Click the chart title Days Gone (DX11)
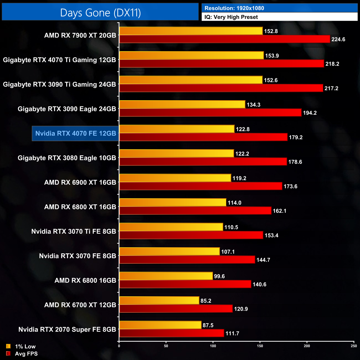coord(100,13)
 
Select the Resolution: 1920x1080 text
coord(234,8)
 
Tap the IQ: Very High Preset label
coord(231,17)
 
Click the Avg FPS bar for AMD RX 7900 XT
coord(225,39)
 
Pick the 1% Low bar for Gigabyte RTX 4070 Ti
coord(191,55)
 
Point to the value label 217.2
coord(331,88)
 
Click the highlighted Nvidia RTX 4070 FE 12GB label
coord(76,133)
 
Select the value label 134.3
coord(253,105)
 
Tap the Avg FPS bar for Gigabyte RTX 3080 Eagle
coord(203,162)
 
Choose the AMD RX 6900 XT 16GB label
coord(80,182)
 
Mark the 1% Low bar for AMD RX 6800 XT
coord(173,202)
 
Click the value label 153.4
coord(271,235)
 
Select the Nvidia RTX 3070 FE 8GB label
coord(77,256)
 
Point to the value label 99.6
coord(219,276)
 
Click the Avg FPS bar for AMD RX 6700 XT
coord(176,309)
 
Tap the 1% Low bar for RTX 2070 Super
coord(160,325)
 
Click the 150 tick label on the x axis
coord(260,346)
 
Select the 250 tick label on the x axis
coord(354,346)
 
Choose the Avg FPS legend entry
coord(22,354)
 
